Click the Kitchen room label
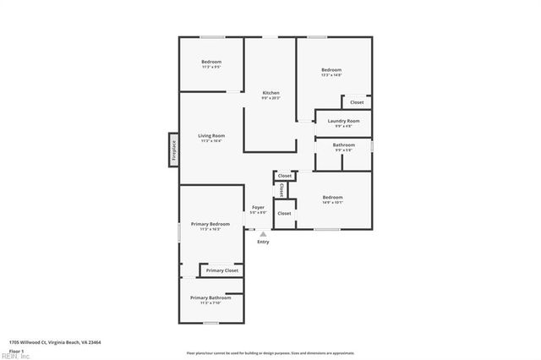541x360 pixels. tap(270, 93)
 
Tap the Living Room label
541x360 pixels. tap(211, 136)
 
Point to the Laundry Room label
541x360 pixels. tap(344, 122)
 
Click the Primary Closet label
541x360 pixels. tap(222, 270)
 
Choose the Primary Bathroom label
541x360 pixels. tap(210, 297)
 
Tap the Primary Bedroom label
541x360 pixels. tap(210, 224)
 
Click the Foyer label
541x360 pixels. tap(259, 207)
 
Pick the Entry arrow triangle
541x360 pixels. tap(263, 234)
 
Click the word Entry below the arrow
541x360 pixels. tap(263, 243)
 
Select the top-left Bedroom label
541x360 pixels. tap(211, 62)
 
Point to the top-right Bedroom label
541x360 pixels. tap(331, 69)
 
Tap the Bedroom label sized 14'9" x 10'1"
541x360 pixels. tap(332, 198)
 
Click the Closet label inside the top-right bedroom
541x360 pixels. tap(357, 102)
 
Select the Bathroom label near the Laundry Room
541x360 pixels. tap(344, 145)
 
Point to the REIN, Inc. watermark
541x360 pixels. tap(15, 356)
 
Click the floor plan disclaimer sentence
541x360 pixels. tap(270, 352)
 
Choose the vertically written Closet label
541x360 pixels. tap(281, 189)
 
